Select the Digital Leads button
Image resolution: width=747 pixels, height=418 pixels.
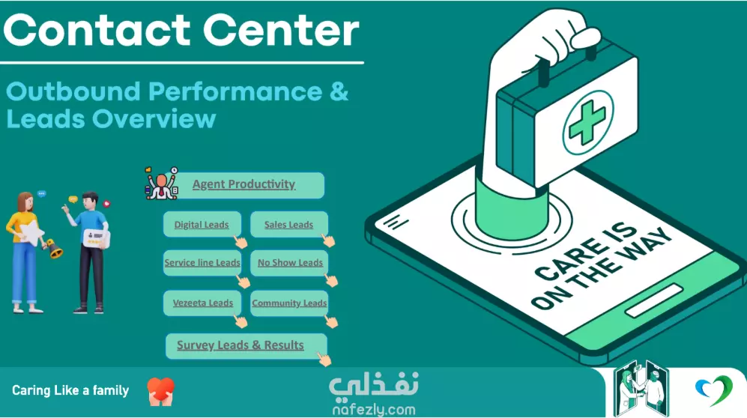pyautogui.click(x=202, y=224)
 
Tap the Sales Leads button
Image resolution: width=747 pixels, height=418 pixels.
pyautogui.click(x=289, y=224)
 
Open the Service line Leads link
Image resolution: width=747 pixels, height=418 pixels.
pyautogui.click(x=202, y=263)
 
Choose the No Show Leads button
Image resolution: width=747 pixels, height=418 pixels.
pyautogui.click(x=289, y=263)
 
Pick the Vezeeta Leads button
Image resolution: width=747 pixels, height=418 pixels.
pyautogui.click(x=202, y=303)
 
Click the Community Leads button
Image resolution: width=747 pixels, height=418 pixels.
pyautogui.click(x=289, y=303)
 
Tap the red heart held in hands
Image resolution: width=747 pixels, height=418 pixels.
pyautogui.click(x=161, y=387)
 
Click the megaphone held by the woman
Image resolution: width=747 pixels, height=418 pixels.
pyautogui.click(x=53, y=249)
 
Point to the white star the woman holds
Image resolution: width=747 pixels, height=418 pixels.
pyautogui.click(x=31, y=233)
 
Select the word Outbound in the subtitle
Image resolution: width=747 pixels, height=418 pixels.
pyautogui.click(x=73, y=91)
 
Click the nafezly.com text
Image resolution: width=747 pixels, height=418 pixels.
pyautogui.click(x=374, y=409)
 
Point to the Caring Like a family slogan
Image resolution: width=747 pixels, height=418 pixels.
pyautogui.click(x=70, y=390)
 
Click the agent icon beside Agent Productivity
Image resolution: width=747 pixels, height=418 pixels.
pyautogui.click(x=162, y=184)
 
